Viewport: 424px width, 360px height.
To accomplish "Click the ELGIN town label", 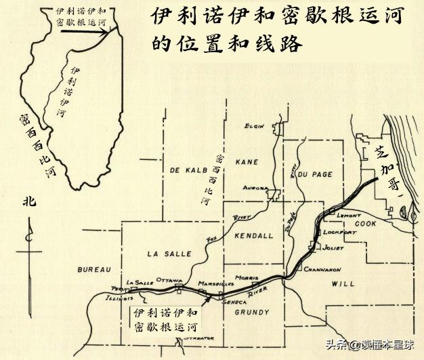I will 255,126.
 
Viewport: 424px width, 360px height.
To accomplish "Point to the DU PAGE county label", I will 314,174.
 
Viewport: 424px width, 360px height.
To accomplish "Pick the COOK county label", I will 365,223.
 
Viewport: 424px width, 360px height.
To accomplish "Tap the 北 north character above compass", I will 28,201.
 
